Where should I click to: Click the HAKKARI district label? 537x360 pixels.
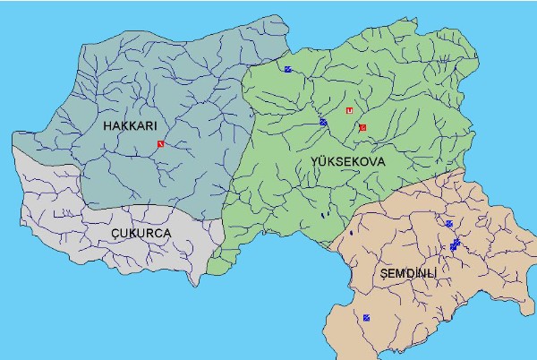coord(131,127)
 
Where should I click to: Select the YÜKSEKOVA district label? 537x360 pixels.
coord(347,161)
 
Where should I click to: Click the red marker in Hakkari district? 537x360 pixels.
coord(160,143)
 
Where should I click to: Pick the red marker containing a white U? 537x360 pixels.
coord(349,110)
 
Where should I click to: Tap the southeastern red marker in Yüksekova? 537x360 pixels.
coord(362,128)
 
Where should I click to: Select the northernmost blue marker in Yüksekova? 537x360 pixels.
coord(287,69)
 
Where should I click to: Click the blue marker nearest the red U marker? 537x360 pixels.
coord(323,122)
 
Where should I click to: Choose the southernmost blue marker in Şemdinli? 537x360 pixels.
coord(366,317)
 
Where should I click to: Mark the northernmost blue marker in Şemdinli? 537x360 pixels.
coord(448,224)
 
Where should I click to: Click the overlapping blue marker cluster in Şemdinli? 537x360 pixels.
coord(455,244)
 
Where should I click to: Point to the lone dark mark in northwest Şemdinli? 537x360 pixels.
coord(352,234)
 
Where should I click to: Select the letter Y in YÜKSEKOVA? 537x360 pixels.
coord(314,161)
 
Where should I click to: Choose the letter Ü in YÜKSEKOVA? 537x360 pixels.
coord(323,161)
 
